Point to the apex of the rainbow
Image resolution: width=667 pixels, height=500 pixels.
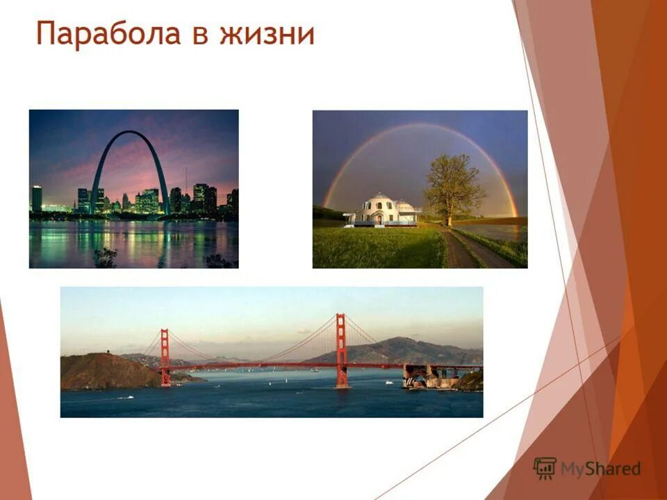tap(420, 126)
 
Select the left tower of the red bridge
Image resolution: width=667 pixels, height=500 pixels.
tap(165, 357)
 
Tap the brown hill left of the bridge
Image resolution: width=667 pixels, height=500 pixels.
tap(104, 372)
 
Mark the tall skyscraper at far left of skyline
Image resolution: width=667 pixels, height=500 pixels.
tap(36, 198)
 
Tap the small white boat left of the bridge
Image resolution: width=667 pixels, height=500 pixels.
tap(125, 397)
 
